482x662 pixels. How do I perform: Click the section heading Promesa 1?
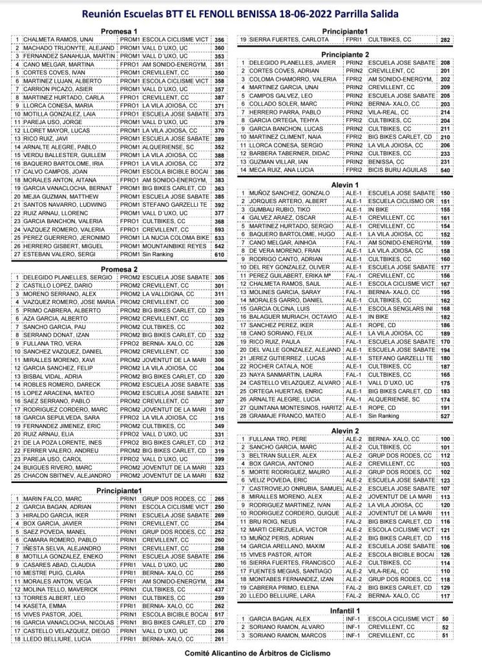coord(121,31)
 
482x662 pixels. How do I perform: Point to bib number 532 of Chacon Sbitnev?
coord(219,475)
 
